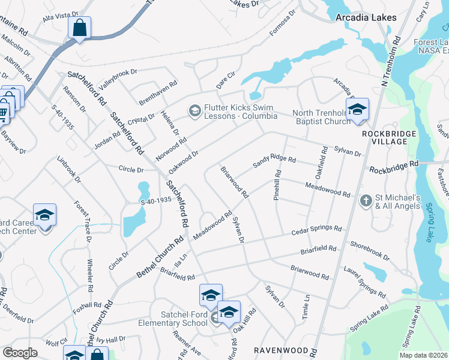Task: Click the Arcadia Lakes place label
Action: click(366, 17)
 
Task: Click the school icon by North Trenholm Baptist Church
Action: click(357, 110)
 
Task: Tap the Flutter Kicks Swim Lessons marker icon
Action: click(194, 110)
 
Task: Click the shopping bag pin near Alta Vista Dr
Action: click(79, 28)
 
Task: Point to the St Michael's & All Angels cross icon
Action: click(365, 201)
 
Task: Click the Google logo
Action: click(20, 353)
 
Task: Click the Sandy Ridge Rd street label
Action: click(275, 160)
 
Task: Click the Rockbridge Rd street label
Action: click(393, 166)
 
